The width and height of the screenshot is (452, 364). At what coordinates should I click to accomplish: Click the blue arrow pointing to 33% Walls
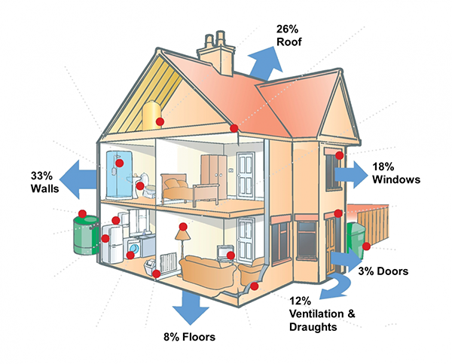tap(78, 179)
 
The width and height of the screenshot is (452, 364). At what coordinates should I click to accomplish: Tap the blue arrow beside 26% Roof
tap(266, 64)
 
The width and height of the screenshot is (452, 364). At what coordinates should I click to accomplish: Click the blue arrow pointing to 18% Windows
tap(351, 175)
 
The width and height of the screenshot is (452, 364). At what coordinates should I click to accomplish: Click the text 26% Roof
tap(289, 35)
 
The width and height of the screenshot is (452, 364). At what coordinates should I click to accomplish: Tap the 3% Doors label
tap(383, 271)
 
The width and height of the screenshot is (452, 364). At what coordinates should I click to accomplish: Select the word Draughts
tap(313, 327)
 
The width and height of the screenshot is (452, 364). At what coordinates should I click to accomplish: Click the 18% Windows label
tap(396, 173)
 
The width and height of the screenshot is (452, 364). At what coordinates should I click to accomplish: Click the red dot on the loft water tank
tap(160, 122)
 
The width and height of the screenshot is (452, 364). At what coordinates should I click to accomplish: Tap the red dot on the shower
tap(119, 163)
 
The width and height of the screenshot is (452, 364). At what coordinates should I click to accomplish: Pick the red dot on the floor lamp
tap(183, 227)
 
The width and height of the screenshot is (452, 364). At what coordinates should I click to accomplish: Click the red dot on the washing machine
tap(130, 255)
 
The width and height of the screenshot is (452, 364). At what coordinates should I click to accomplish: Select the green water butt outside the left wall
tap(86, 235)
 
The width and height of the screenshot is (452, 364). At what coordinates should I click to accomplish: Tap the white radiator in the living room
tap(168, 262)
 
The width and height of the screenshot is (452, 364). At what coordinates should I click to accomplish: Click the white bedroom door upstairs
tap(246, 176)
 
